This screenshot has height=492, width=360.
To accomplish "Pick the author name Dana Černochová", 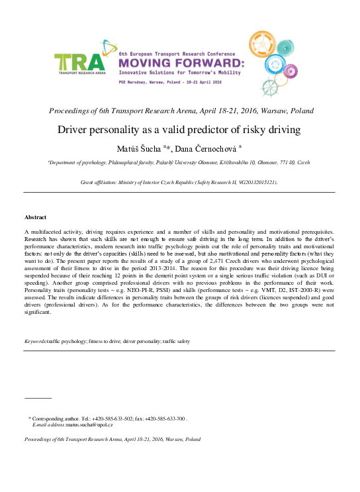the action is point(206,149).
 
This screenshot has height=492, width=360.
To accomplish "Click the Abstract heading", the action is point(36,217).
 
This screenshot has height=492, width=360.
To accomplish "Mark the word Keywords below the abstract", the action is point(35,341).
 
